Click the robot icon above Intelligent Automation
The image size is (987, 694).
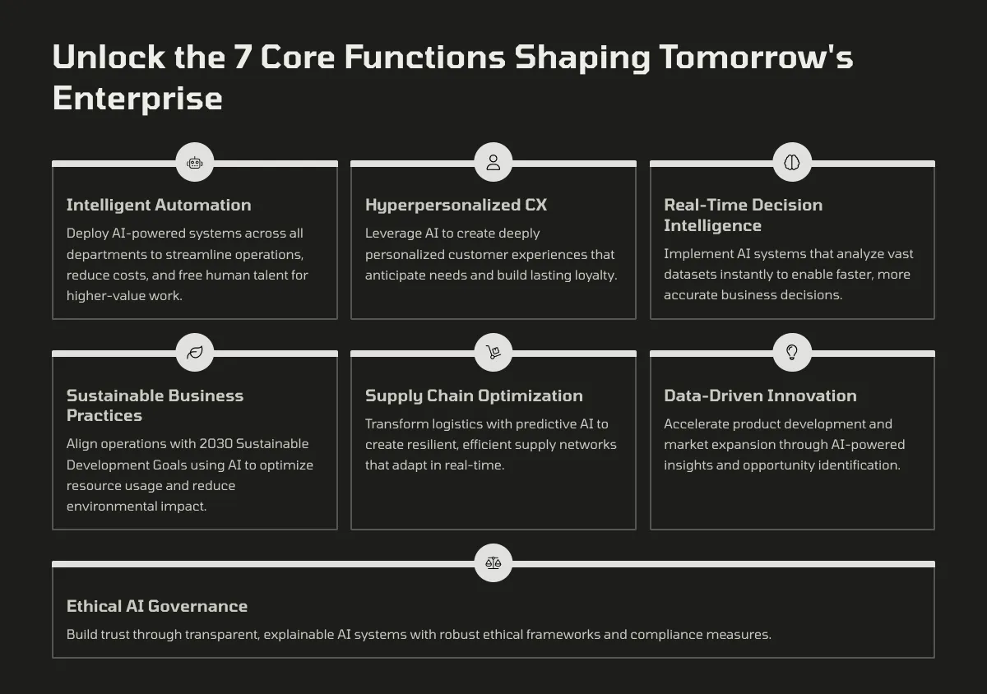(195, 163)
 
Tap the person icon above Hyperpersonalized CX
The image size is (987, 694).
(493, 162)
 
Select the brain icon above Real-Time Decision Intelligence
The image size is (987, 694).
(792, 162)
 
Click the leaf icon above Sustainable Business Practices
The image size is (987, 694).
(195, 352)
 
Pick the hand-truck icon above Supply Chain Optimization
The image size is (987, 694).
(493, 352)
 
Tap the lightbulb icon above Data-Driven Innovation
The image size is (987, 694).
(792, 352)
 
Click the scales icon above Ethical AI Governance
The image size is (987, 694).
(493, 562)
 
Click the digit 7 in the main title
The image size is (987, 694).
(243, 57)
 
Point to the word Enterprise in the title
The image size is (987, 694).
(137, 98)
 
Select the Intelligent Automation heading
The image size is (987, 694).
(159, 205)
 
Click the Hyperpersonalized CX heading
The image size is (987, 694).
(456, 205)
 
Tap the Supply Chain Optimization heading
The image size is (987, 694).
(474, 396)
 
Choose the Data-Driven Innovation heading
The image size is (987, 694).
(761, 396)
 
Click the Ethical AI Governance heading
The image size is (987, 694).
(157, 606)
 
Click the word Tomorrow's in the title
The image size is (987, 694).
(756, 57)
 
